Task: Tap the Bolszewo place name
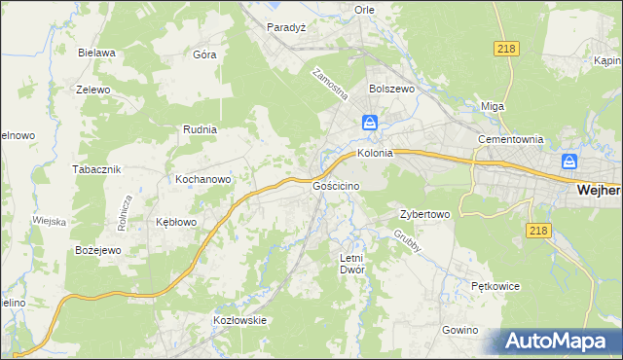click(392, 89)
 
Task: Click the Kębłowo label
click(177, 222)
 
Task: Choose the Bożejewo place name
click(97, 250)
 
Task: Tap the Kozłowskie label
click(239, 320)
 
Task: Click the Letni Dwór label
click(351, 264)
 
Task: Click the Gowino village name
click(460, 330)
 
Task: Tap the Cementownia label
click(510, 139)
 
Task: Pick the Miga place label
click(494, 106)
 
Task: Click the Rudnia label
click(200, 128)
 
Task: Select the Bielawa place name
click(98, 53)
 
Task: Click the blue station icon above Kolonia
click(371, 124)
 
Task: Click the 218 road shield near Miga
click(506, 48)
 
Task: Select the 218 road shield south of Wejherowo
click(537, 231)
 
